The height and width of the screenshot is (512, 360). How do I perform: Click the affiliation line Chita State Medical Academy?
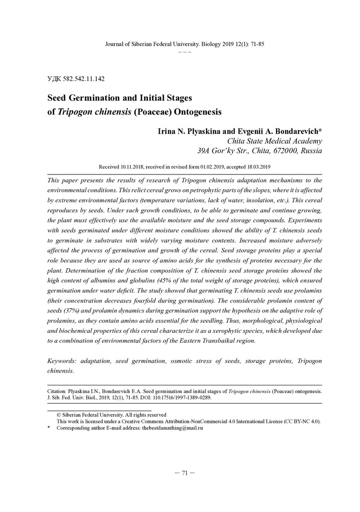pyautogui.click(x=275, y=141)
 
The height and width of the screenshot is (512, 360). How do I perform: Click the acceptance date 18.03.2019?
pyautogui.click(x=255, y=167)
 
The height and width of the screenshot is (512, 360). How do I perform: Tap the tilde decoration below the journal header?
pyautogui.click(x=184, y=51)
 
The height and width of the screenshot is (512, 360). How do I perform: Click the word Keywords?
pyautogui.click(x=63, y=361)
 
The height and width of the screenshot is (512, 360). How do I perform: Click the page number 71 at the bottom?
pyautogui.click(x=185, y=473)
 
